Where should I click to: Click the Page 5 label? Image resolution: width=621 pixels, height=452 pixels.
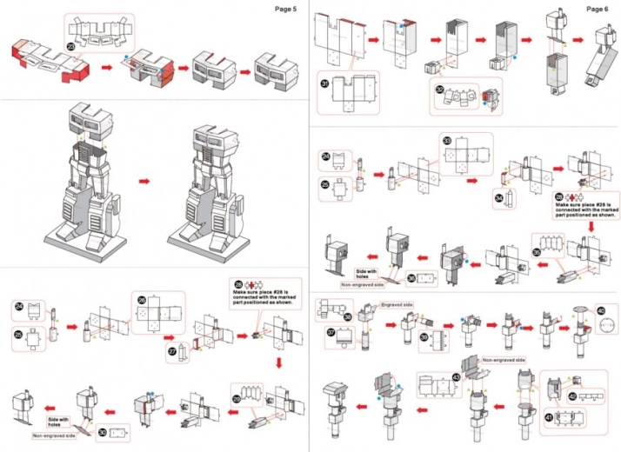point(286,9)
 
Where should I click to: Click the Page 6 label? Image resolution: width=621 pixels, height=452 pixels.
point(598,9)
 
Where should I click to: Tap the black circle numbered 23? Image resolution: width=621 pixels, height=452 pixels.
point(70,45)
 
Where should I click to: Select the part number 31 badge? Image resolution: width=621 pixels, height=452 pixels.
point(324,84)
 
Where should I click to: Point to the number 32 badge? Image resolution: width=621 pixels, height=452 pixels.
point(440,89)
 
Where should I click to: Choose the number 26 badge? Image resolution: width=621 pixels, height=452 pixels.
point(142,301)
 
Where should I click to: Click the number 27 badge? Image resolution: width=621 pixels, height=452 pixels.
point(171,351)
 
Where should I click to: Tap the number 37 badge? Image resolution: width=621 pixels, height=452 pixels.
point(331,332)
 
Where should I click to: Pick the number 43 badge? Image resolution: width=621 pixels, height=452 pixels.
point(456,376)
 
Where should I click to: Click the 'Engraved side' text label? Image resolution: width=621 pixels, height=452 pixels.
point(397,306)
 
